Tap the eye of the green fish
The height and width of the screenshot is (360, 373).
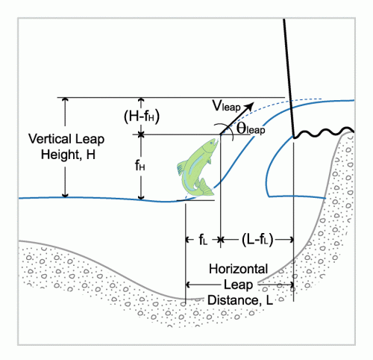pyautogui.click(x=211, y=143)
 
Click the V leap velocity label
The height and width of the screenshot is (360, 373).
pyautogui.click(x=226, y=106)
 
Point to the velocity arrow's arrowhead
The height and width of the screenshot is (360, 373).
pyautogui.click(x=249, y=106)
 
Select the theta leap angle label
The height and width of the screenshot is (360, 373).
pyautogui.click(x=251, y=128)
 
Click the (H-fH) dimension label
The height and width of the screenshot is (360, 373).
pyautogui.click(x=142, y=116)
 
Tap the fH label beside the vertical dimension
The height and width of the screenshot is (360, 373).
pyautogui.click(x=140, y=165)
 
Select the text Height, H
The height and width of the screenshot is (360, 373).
pyautogui.click(x=68, y=155)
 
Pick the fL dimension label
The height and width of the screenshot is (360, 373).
pyautogui.click(x=203, y=240)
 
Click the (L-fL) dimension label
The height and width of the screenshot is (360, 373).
pyautogui.click(x=257, y=240)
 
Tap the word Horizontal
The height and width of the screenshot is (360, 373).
pyautogui.click(x=238, y=269)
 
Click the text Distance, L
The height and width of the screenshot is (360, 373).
pyautogui.click(x=240, y=300)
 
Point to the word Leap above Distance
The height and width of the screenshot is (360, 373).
pyautogui.click(x=238, y=285)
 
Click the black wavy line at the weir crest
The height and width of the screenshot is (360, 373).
pyautogui.click(x=323, y=132)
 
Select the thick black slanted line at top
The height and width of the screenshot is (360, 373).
pyautogui.click(x=289, y=78)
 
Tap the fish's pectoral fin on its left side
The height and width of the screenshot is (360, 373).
pyautogui.click(x=181, y=168)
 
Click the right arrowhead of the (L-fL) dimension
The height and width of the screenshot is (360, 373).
pyautogui.click(x=292, y=240)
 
